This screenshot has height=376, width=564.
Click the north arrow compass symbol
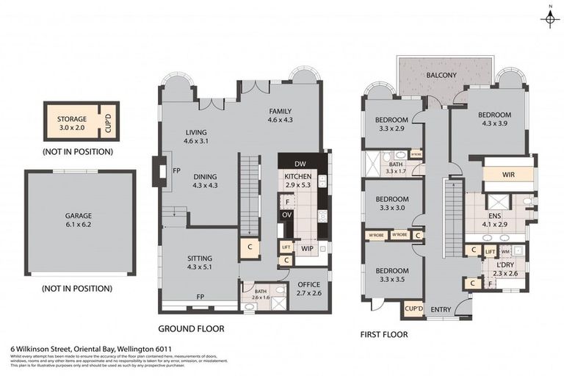(549, 18)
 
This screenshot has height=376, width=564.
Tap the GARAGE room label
(78, 216)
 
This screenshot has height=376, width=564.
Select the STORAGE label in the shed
(72, 119)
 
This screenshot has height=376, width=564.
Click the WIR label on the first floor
(508, 176)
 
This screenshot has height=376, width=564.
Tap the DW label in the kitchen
(300, 163)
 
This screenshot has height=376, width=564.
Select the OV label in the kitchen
(287, 214)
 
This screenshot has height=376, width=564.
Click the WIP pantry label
(308, 248)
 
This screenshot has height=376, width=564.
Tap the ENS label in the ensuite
(493, 216)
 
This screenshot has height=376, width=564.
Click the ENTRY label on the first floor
(441, 310)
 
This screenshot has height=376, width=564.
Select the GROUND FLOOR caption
(191, 329)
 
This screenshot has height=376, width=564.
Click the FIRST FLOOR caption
(383, 333)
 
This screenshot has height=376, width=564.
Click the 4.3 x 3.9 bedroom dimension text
(492, 124)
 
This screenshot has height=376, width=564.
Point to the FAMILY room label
(280, 111)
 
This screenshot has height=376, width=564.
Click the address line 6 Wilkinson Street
(91, 350)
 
